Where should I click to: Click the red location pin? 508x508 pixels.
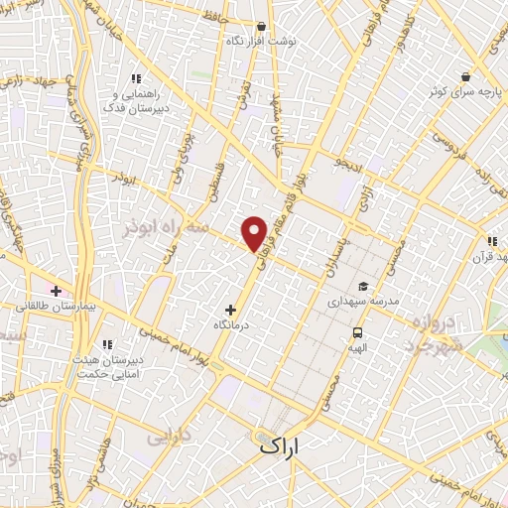tap(255, 233)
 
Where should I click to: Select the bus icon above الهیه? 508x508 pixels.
tap(356, 333)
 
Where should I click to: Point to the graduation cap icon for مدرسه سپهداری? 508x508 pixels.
tap(364, 286)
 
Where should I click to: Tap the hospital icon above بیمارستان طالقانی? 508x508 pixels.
tap(56, 292)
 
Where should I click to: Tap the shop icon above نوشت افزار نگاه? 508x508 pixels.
tap(260, 27)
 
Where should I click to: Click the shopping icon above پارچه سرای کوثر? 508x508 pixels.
tap(464, 76)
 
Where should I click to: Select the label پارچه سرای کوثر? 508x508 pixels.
tap(458, 91)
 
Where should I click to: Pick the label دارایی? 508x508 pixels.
tap(167, 436)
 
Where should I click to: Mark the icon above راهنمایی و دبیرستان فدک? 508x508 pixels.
tap(137, 78)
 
